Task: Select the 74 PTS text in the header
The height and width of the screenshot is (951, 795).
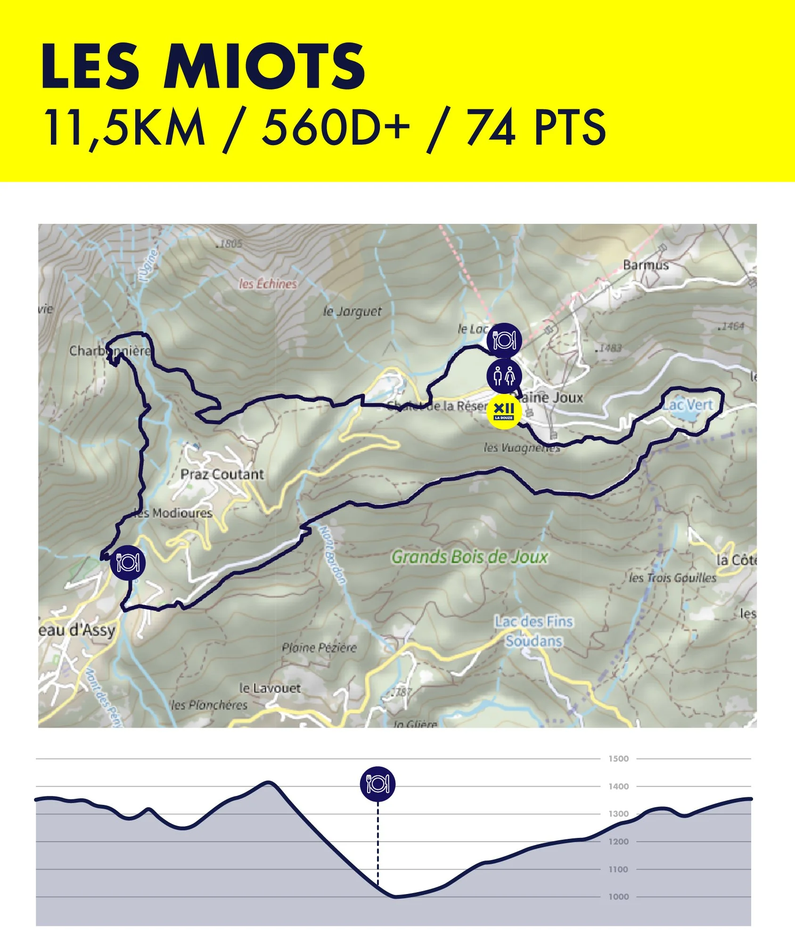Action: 536,127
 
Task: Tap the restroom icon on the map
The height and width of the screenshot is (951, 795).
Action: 504,376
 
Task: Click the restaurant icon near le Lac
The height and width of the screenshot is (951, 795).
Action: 504,339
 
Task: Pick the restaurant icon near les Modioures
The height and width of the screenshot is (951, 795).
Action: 128,562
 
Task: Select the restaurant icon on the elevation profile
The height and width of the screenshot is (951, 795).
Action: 377,784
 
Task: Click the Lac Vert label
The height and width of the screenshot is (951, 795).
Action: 688,405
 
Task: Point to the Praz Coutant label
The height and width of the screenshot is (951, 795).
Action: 222,474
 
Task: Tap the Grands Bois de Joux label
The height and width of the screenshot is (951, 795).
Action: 470,557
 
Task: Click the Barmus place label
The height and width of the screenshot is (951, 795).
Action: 646,265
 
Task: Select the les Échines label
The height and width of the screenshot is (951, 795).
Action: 268,284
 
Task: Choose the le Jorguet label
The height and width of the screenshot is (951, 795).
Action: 352,312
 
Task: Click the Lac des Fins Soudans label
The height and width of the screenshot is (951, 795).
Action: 534,631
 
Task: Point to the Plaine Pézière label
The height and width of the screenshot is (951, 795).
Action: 319,648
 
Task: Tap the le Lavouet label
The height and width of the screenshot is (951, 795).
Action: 270,688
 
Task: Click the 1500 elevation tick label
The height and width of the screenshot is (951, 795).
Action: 618,759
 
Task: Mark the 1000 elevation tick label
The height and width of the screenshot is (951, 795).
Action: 618,897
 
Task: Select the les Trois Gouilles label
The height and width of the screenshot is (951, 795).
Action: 672,578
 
